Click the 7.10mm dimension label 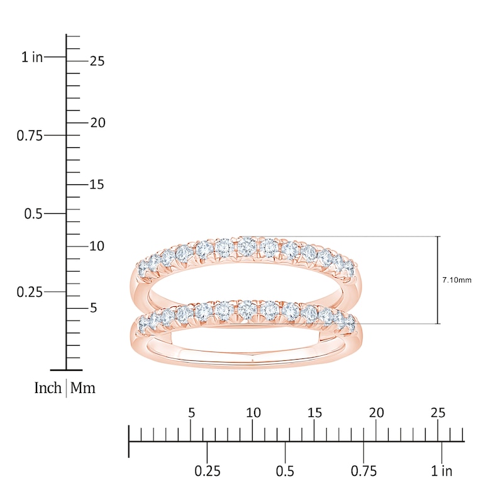click(x=456, y=280)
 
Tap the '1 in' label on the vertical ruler click(x=31, y=57)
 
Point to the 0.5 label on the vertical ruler click(x=33, y=214)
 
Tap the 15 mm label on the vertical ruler click(x=96, y=185)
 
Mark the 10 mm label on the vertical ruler click(x=96, y=246)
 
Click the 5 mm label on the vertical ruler click(x=93, y=308)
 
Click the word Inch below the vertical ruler click(x=48, y=388)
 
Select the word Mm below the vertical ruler click(x=82, y=388)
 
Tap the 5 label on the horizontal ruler click(x=191, y=413)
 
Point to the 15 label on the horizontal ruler click(x=314, y=413)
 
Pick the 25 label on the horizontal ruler click(x=438, y=413)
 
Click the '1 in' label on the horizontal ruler click(x=442, y=471)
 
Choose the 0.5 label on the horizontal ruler click(x=285, y=471)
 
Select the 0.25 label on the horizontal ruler click(x=207, y=471)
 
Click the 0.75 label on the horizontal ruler click(x=363, y=471)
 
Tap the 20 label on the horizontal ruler click(x=376, y=413)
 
